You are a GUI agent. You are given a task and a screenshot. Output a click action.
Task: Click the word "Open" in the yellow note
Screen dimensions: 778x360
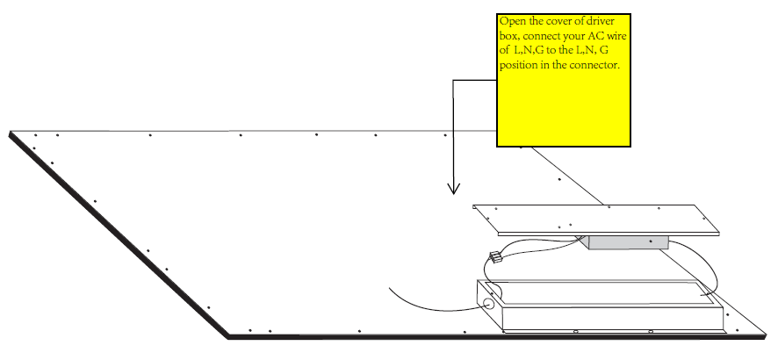point(509,22)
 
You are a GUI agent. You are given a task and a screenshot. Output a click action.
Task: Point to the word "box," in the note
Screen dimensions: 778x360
point(509,37)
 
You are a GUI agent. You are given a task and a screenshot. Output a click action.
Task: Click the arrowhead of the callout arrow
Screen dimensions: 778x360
point(453,192)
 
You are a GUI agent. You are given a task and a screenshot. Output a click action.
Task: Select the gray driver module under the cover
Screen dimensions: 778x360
point(628,242)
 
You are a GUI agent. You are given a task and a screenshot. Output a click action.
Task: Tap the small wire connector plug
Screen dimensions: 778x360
point(495,258)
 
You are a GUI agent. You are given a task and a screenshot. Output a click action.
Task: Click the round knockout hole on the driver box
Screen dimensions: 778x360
point(489,304)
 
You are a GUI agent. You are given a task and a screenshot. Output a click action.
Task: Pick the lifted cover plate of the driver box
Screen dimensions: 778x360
point(595,220)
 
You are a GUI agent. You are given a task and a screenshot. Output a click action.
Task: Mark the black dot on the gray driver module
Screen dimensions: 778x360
point(651,241)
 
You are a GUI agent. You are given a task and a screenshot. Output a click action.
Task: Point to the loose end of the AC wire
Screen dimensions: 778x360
point(390,288)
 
